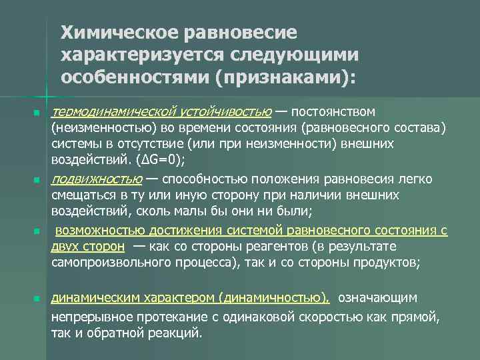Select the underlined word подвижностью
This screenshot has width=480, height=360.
96,179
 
